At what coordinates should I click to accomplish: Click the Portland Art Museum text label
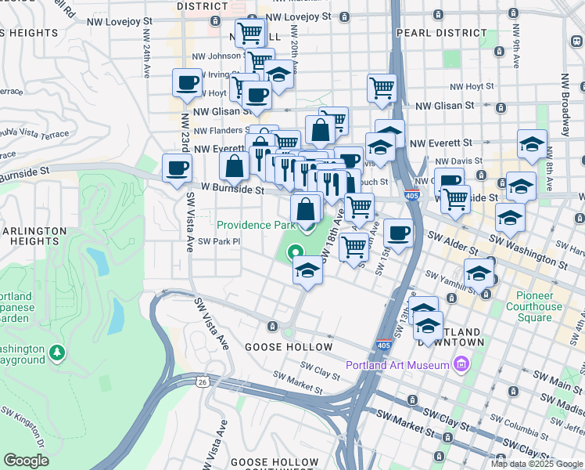[397, 365]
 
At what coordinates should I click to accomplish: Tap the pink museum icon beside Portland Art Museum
[461, 365]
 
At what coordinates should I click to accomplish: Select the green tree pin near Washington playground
[56, 353]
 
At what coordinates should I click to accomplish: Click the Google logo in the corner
[27, 461]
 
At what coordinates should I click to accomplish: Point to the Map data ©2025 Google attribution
[536, 464]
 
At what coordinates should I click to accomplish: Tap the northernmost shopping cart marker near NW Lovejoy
[249, 32]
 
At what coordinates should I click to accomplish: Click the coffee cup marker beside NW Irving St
[188, 82]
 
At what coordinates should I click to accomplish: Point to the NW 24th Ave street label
[146, 58]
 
